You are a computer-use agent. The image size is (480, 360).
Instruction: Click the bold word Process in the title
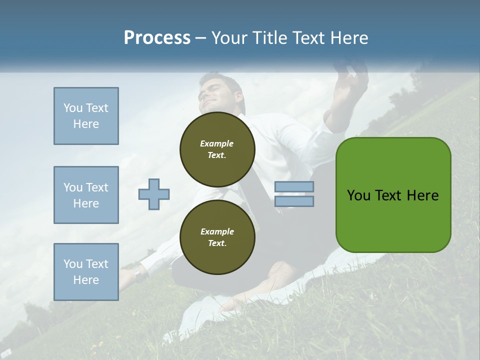(157, 38)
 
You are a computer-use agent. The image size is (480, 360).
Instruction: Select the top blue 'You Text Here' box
(86, 116)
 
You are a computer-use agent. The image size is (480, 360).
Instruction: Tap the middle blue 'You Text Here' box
(86, 195)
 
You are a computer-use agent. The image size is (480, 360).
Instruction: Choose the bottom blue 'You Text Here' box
(86, 271)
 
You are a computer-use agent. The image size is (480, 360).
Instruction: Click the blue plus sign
(154, 194)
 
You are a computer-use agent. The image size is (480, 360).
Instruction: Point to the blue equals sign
(294, 194)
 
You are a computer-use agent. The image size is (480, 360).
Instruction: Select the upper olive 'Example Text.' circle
(217, 149)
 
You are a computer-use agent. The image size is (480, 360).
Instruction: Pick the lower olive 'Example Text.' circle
(217, 237)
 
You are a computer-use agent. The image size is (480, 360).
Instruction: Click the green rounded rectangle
(393, 195)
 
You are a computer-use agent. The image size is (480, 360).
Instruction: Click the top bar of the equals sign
(294, 187)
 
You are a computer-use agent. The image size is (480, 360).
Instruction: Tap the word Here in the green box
(422, 195)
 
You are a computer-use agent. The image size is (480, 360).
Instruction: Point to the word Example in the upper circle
(217, 143)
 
